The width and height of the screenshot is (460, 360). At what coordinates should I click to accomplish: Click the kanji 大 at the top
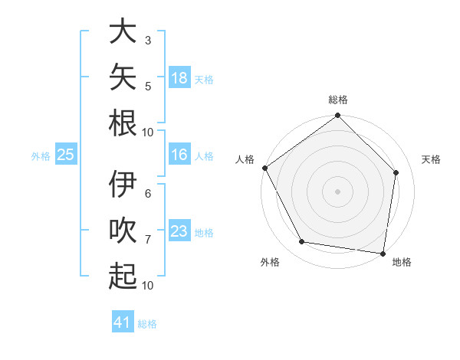pos(123,30)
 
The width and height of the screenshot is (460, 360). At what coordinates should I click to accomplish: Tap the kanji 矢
pos(123,77)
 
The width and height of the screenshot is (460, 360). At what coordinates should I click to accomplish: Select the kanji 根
pos(123,123)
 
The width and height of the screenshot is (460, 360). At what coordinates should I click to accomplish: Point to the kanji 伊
pos(123,184)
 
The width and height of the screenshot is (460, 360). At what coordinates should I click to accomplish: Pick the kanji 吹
pos(123,230)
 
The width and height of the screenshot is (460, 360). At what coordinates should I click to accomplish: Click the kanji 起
pos(123,276)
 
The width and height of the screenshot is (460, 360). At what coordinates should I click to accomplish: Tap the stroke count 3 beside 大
pos(148,41)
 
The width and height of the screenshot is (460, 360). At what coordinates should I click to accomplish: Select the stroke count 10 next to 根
pos(147,133)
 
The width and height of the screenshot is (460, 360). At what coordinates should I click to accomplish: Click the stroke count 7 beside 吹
pos(148,240)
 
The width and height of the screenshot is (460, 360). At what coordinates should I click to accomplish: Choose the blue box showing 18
pos(179,77)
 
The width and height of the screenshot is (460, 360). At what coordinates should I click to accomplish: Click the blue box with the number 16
pos(179,154)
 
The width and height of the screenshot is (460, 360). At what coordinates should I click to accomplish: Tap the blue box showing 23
pos(179,230)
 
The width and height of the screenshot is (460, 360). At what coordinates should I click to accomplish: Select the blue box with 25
pos(66,154)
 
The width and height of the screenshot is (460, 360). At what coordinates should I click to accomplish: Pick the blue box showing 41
pos(123,321)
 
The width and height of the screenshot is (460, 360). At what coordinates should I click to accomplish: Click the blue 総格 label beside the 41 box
pos(147,324)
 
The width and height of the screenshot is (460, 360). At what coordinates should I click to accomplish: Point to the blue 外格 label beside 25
pos(41,156)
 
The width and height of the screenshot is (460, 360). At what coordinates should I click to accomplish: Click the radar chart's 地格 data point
pos(383,254)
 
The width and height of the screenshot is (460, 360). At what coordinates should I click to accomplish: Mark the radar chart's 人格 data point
pos(265,168)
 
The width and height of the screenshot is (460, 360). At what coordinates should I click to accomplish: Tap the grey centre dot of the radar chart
pos(337,191)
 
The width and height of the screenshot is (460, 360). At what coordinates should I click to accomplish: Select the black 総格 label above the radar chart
pos(338,100)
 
